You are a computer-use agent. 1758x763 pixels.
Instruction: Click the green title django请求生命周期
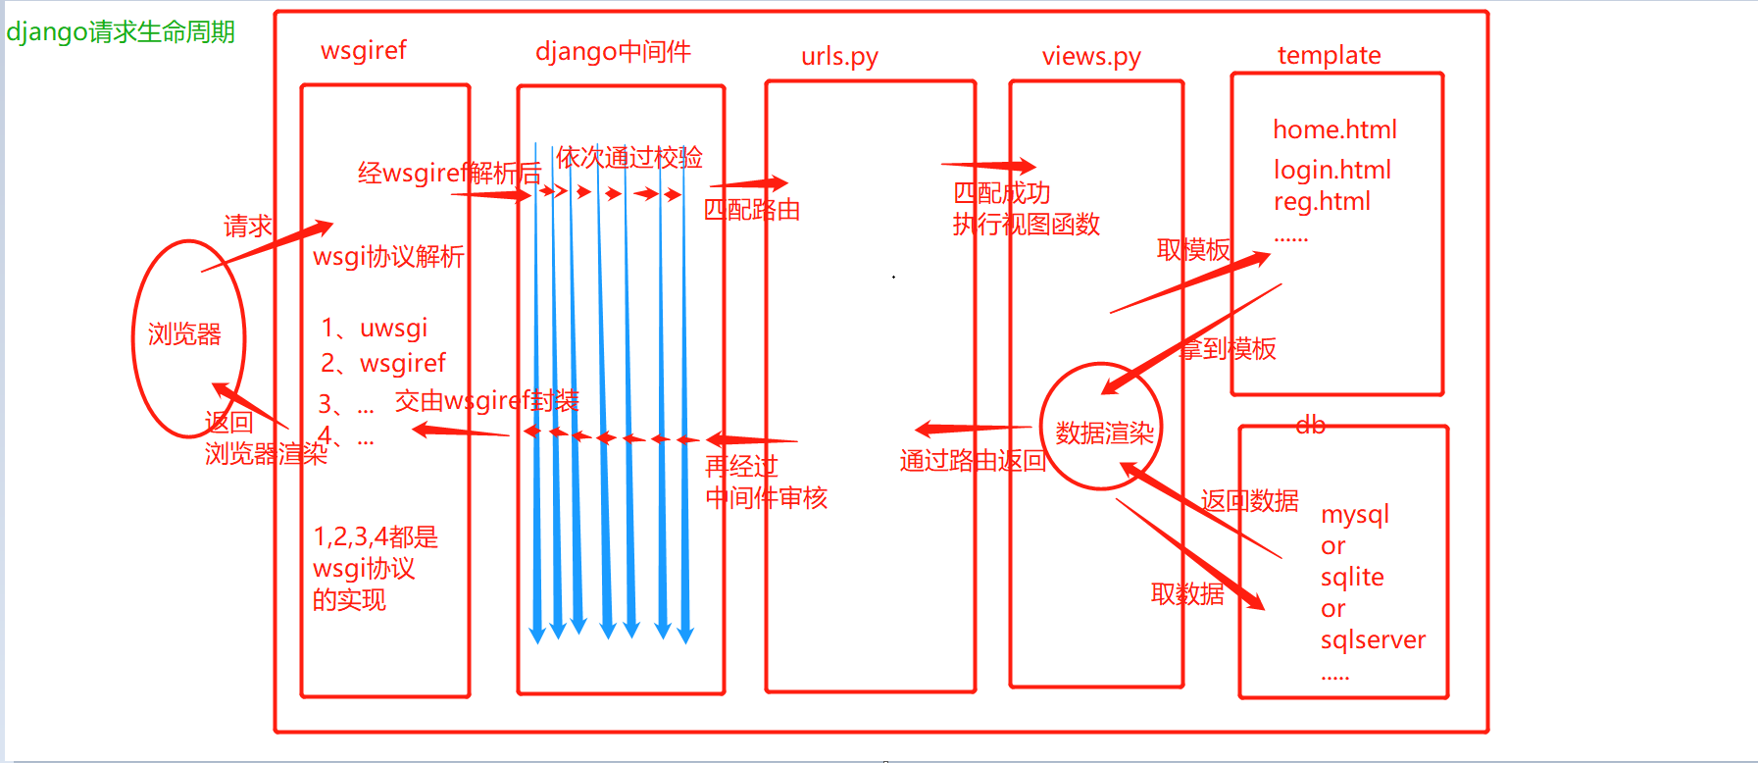coord(121,32)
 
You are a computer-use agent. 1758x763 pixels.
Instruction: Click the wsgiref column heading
coord(364,51)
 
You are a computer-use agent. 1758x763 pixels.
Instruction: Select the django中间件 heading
coord(613,52)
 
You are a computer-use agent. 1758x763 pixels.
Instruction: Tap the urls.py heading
coord(839,57)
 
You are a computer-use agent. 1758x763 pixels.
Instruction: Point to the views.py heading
coord(1091,57)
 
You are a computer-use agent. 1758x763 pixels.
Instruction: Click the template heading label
coord(1329,56)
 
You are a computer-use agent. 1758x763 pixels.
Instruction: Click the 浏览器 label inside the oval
coord(184,334)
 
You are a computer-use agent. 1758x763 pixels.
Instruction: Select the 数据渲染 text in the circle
coord(1104,433)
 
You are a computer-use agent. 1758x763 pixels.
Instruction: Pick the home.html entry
coord(1334,129)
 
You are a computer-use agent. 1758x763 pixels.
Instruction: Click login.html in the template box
coord(1332,171)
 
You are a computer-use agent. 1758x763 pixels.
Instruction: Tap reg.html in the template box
coord(1322,202)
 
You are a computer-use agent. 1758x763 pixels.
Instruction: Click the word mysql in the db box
coord(1355,515)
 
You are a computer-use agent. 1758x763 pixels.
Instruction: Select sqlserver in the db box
coord(1373,640)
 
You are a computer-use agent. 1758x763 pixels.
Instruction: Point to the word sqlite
coord(1352,578)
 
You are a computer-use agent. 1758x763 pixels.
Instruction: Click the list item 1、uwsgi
coord(375,329)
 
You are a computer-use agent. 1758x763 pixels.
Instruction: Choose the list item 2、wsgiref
coord(383,364)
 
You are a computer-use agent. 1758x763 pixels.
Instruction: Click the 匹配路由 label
coord(752,210)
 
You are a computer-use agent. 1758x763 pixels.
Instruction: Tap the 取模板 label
coord(1193,250)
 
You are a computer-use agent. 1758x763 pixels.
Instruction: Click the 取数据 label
coord(1187,594)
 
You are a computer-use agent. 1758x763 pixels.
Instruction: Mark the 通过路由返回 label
coord(973,461)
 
